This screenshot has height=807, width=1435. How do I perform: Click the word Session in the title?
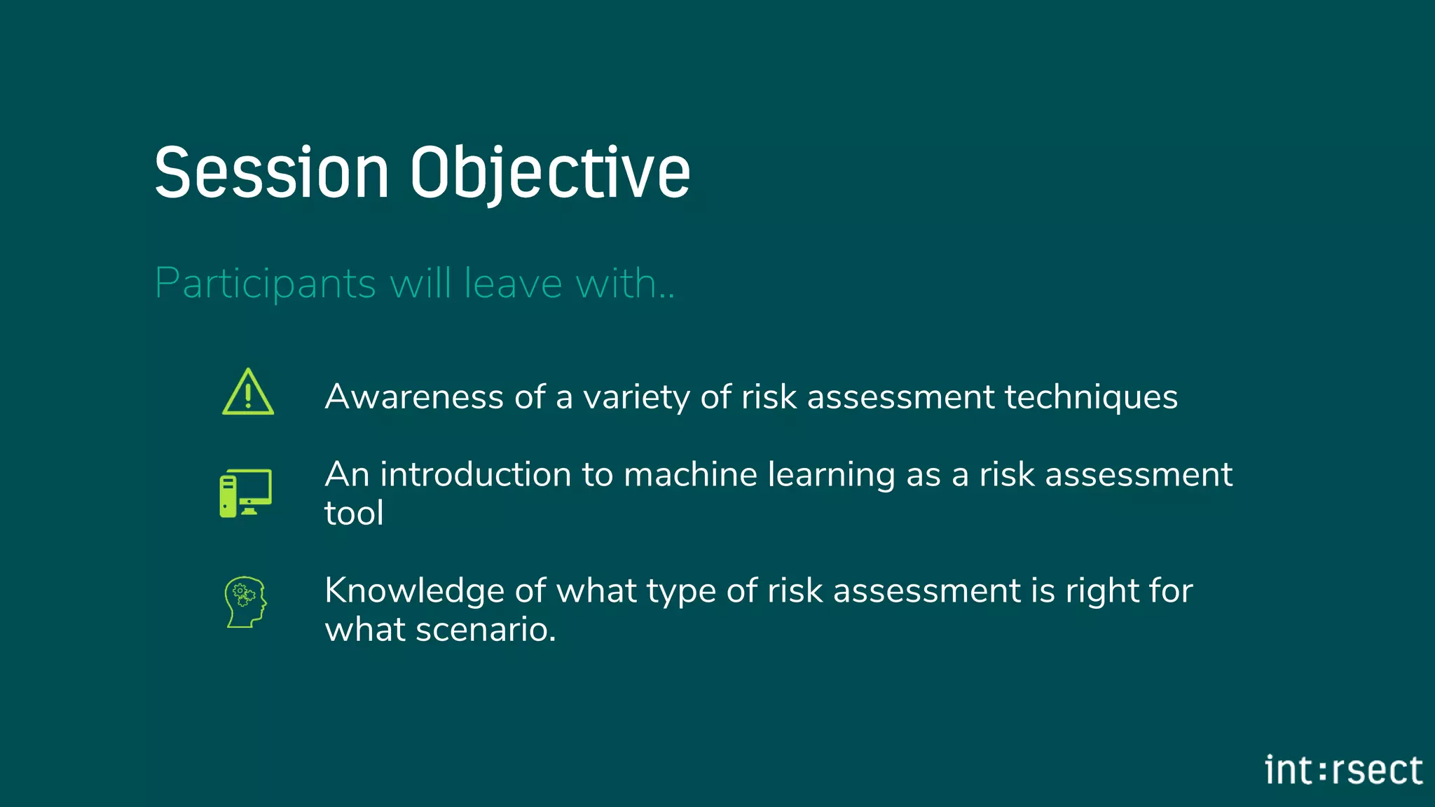[x=271, y=173]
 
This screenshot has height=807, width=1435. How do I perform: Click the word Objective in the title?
[x=550, y=173]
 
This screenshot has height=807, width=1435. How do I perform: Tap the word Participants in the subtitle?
[x=266, y=284]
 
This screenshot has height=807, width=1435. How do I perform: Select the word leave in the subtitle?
[x=513, y=284]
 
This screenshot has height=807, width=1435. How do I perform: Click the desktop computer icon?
[x=245, y=493]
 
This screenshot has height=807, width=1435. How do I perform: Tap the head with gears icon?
[x=245, y=602]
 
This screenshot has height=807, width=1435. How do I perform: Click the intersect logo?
[x=1343, y=771]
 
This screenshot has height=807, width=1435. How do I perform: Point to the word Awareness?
[x=413, y=397]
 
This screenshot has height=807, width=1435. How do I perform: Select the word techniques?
[x=1091, y=397]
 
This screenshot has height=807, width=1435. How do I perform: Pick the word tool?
[x=354, y=513]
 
